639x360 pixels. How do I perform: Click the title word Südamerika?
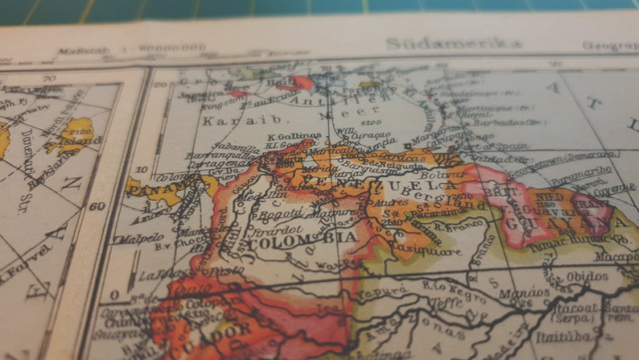453,43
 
